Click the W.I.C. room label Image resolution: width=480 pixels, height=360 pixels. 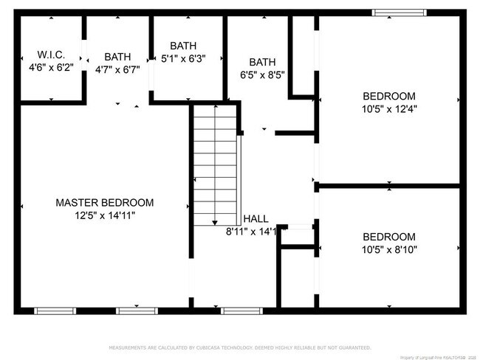click(x=52, y=55)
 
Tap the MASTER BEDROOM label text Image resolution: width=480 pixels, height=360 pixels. click(x=105, y=203)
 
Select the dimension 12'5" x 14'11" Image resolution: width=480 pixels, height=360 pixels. click(x=105, y=215)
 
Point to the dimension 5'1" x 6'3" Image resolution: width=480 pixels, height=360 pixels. click(x=183, y=58)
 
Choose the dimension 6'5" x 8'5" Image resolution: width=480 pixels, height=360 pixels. click(x=262, y=75)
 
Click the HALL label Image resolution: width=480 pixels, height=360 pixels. click(x=256, y=219)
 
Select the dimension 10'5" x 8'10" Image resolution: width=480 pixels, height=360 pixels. click(x=388, y=249)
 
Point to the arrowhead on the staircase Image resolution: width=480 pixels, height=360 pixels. click(x=215, y=221)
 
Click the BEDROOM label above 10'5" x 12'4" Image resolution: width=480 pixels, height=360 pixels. click(x=388, y=96)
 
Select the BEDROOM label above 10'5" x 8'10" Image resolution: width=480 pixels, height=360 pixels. click(x=388, y=237)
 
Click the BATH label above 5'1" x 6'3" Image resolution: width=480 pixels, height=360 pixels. click(x=183, y=46)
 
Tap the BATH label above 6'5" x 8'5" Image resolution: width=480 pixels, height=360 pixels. click(x=262, y=62)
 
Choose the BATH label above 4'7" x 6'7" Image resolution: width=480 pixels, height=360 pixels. click(x=117, y=57)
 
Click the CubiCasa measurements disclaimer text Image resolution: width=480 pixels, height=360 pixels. click(x=240, y=346)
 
